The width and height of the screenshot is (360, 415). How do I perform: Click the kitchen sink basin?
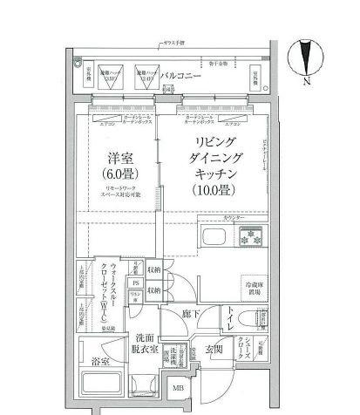coord(214,238)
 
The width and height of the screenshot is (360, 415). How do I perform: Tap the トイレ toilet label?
coord(229,323)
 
